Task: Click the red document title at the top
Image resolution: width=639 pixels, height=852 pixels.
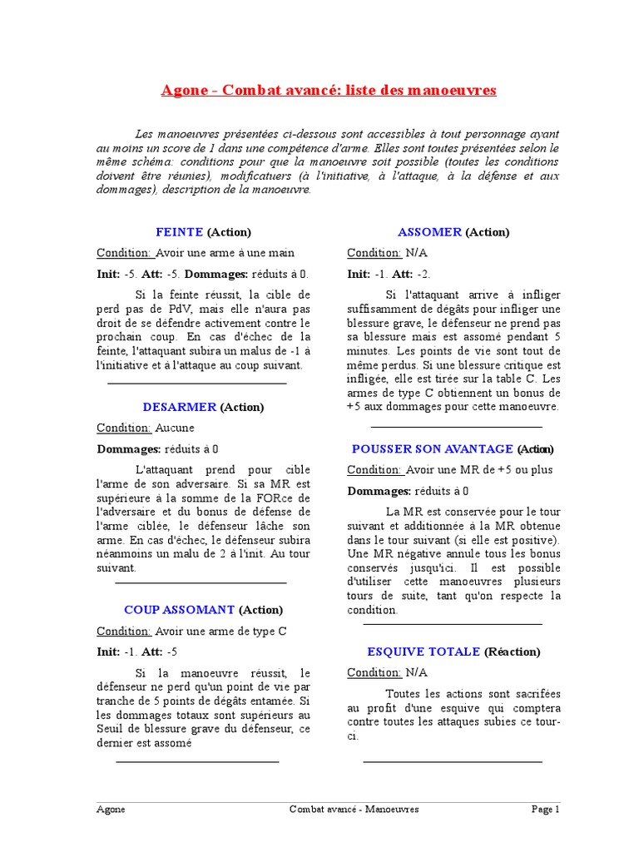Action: click(329, 90)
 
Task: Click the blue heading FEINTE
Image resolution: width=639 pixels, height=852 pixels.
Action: click(179, 232)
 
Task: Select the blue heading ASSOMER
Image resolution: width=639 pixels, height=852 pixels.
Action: click(429, 232)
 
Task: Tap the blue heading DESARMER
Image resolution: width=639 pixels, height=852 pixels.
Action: click(179, 407)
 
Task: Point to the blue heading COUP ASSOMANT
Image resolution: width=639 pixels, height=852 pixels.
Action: click(180, 610)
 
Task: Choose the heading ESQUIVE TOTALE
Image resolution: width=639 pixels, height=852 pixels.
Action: click(424, 651)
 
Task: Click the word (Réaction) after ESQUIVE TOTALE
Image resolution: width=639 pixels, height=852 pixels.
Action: click(512, 651)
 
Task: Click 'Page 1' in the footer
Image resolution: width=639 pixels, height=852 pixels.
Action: click(546, 809)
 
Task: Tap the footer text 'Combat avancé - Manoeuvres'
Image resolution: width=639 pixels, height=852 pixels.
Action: click(354, 809)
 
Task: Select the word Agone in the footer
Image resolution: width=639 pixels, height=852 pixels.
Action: click(111, 809)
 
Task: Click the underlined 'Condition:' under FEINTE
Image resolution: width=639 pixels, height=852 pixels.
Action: click(124, 253)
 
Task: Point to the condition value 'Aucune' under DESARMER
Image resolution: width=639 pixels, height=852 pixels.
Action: click(175, 428)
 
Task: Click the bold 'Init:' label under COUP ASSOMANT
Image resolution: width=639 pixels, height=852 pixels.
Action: click(109, 651)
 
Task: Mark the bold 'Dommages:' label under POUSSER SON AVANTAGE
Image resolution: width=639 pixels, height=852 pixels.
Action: click(379, 490)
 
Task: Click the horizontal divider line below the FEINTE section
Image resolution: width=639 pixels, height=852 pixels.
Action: click(197, 383)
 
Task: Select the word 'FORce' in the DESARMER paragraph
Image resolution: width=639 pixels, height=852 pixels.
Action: click(251, 498)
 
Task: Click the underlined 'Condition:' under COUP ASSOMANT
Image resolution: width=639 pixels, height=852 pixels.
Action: click(124, 631)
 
